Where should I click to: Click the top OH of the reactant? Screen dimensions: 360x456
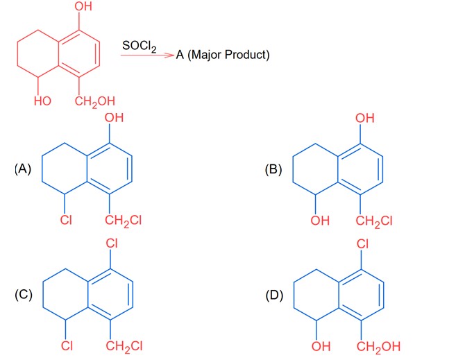pyautogui.click(x=87, y=10)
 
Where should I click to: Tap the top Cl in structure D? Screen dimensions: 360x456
pyautogui.click(x=363, y=245)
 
